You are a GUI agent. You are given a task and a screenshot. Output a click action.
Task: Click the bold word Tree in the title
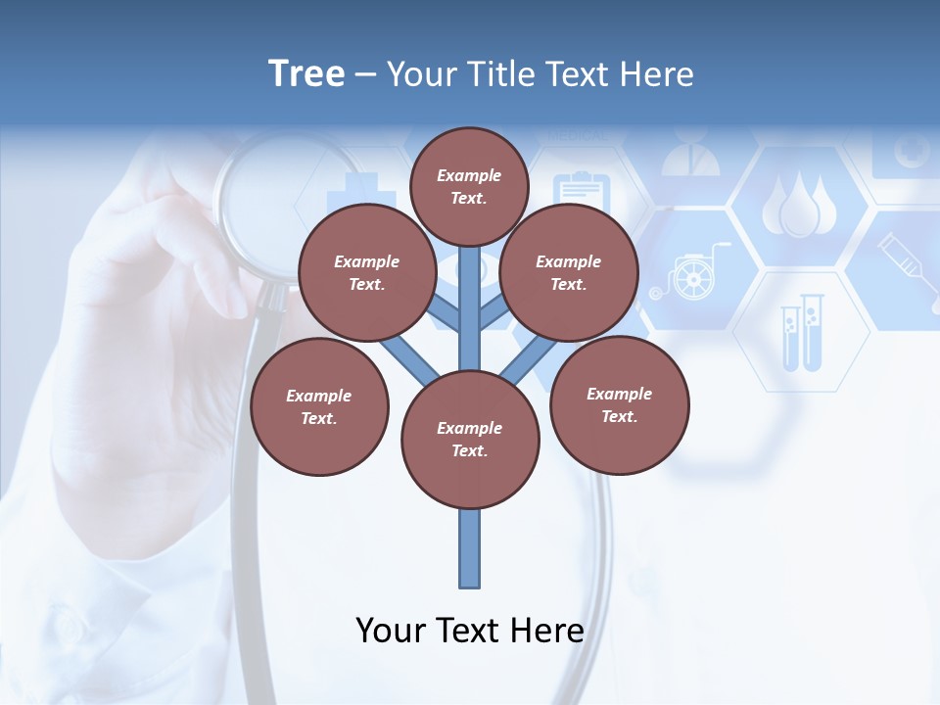pos(306,73)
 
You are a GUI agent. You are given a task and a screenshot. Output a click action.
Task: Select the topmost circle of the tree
pos(469,186)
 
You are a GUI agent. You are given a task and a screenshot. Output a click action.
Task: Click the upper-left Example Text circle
pos(367,272)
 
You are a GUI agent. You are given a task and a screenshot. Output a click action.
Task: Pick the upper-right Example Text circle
pos(569,272)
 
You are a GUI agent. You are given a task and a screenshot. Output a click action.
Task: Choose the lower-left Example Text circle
pos(319,406)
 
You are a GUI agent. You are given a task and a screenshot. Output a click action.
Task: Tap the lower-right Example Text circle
pos(620,404)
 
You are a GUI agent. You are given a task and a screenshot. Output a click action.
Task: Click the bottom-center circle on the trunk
pos(470,439)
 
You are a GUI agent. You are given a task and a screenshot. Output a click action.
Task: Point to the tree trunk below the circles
pos(470,548)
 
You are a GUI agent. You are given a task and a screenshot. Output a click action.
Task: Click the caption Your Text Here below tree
pos(470,630)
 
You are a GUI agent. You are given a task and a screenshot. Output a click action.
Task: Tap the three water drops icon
pos(800,206)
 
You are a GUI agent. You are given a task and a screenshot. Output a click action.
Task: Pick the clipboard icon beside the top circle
pos(582,191)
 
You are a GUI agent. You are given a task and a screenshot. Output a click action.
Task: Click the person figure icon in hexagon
pos(690,152)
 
